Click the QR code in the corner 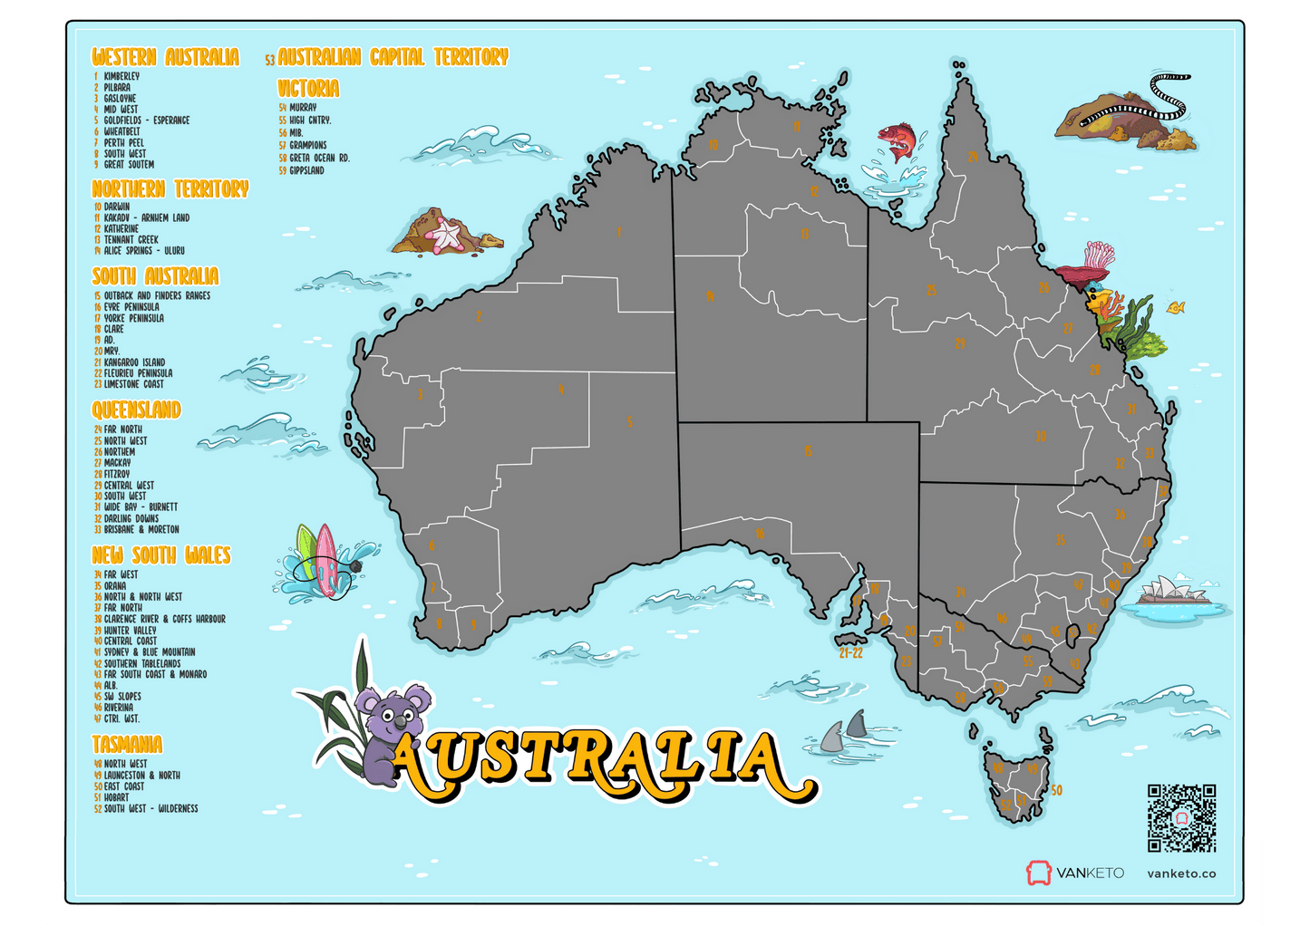click(x=1181, y=817)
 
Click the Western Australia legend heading click(x=165, y=57)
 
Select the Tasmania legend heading click(x=127, y=745)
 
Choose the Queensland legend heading click(x=136, y=410)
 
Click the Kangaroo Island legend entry click(x=133, y=362)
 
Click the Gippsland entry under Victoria click(x=306, y=170)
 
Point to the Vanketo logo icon click(x=1038, y=873)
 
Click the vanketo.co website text click(x=1181, y=873)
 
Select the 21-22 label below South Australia click(x=850, y=652)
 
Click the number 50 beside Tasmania click(x=1056, y=790)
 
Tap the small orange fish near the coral click(x=1176, y=308)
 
